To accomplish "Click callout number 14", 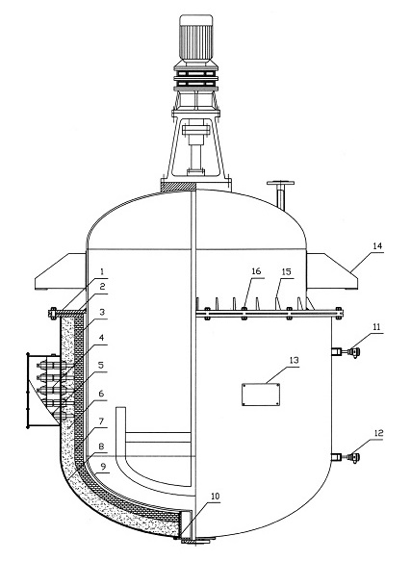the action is tap(377, 246).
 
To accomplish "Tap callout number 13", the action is tap(294, 360).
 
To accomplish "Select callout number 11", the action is tap(377, 326).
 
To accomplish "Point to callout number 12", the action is tap(378, 433).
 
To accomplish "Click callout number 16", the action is tap(256, 271).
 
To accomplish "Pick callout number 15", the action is tap(287, 272).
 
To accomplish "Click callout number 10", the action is tap(215, 497).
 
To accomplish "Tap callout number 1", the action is tap(102, 272).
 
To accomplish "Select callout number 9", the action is tap(103, 466).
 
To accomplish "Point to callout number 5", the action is tap(101, 365).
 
